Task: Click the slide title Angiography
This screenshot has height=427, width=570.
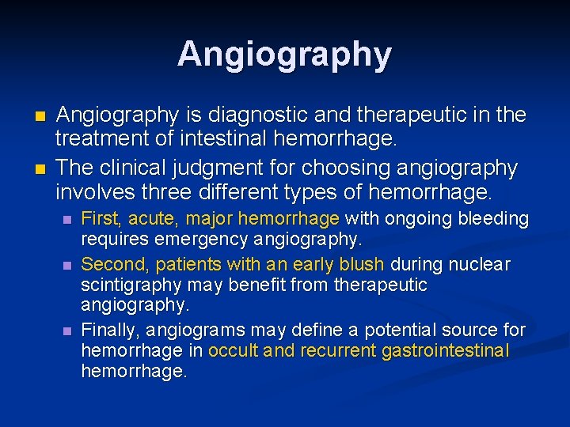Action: tap(284, 55)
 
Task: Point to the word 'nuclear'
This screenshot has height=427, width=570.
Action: tap(482, 264)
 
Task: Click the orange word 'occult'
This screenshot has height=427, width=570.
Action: tap(234, 351)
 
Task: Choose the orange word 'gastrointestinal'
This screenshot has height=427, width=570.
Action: tap(446, 351)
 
